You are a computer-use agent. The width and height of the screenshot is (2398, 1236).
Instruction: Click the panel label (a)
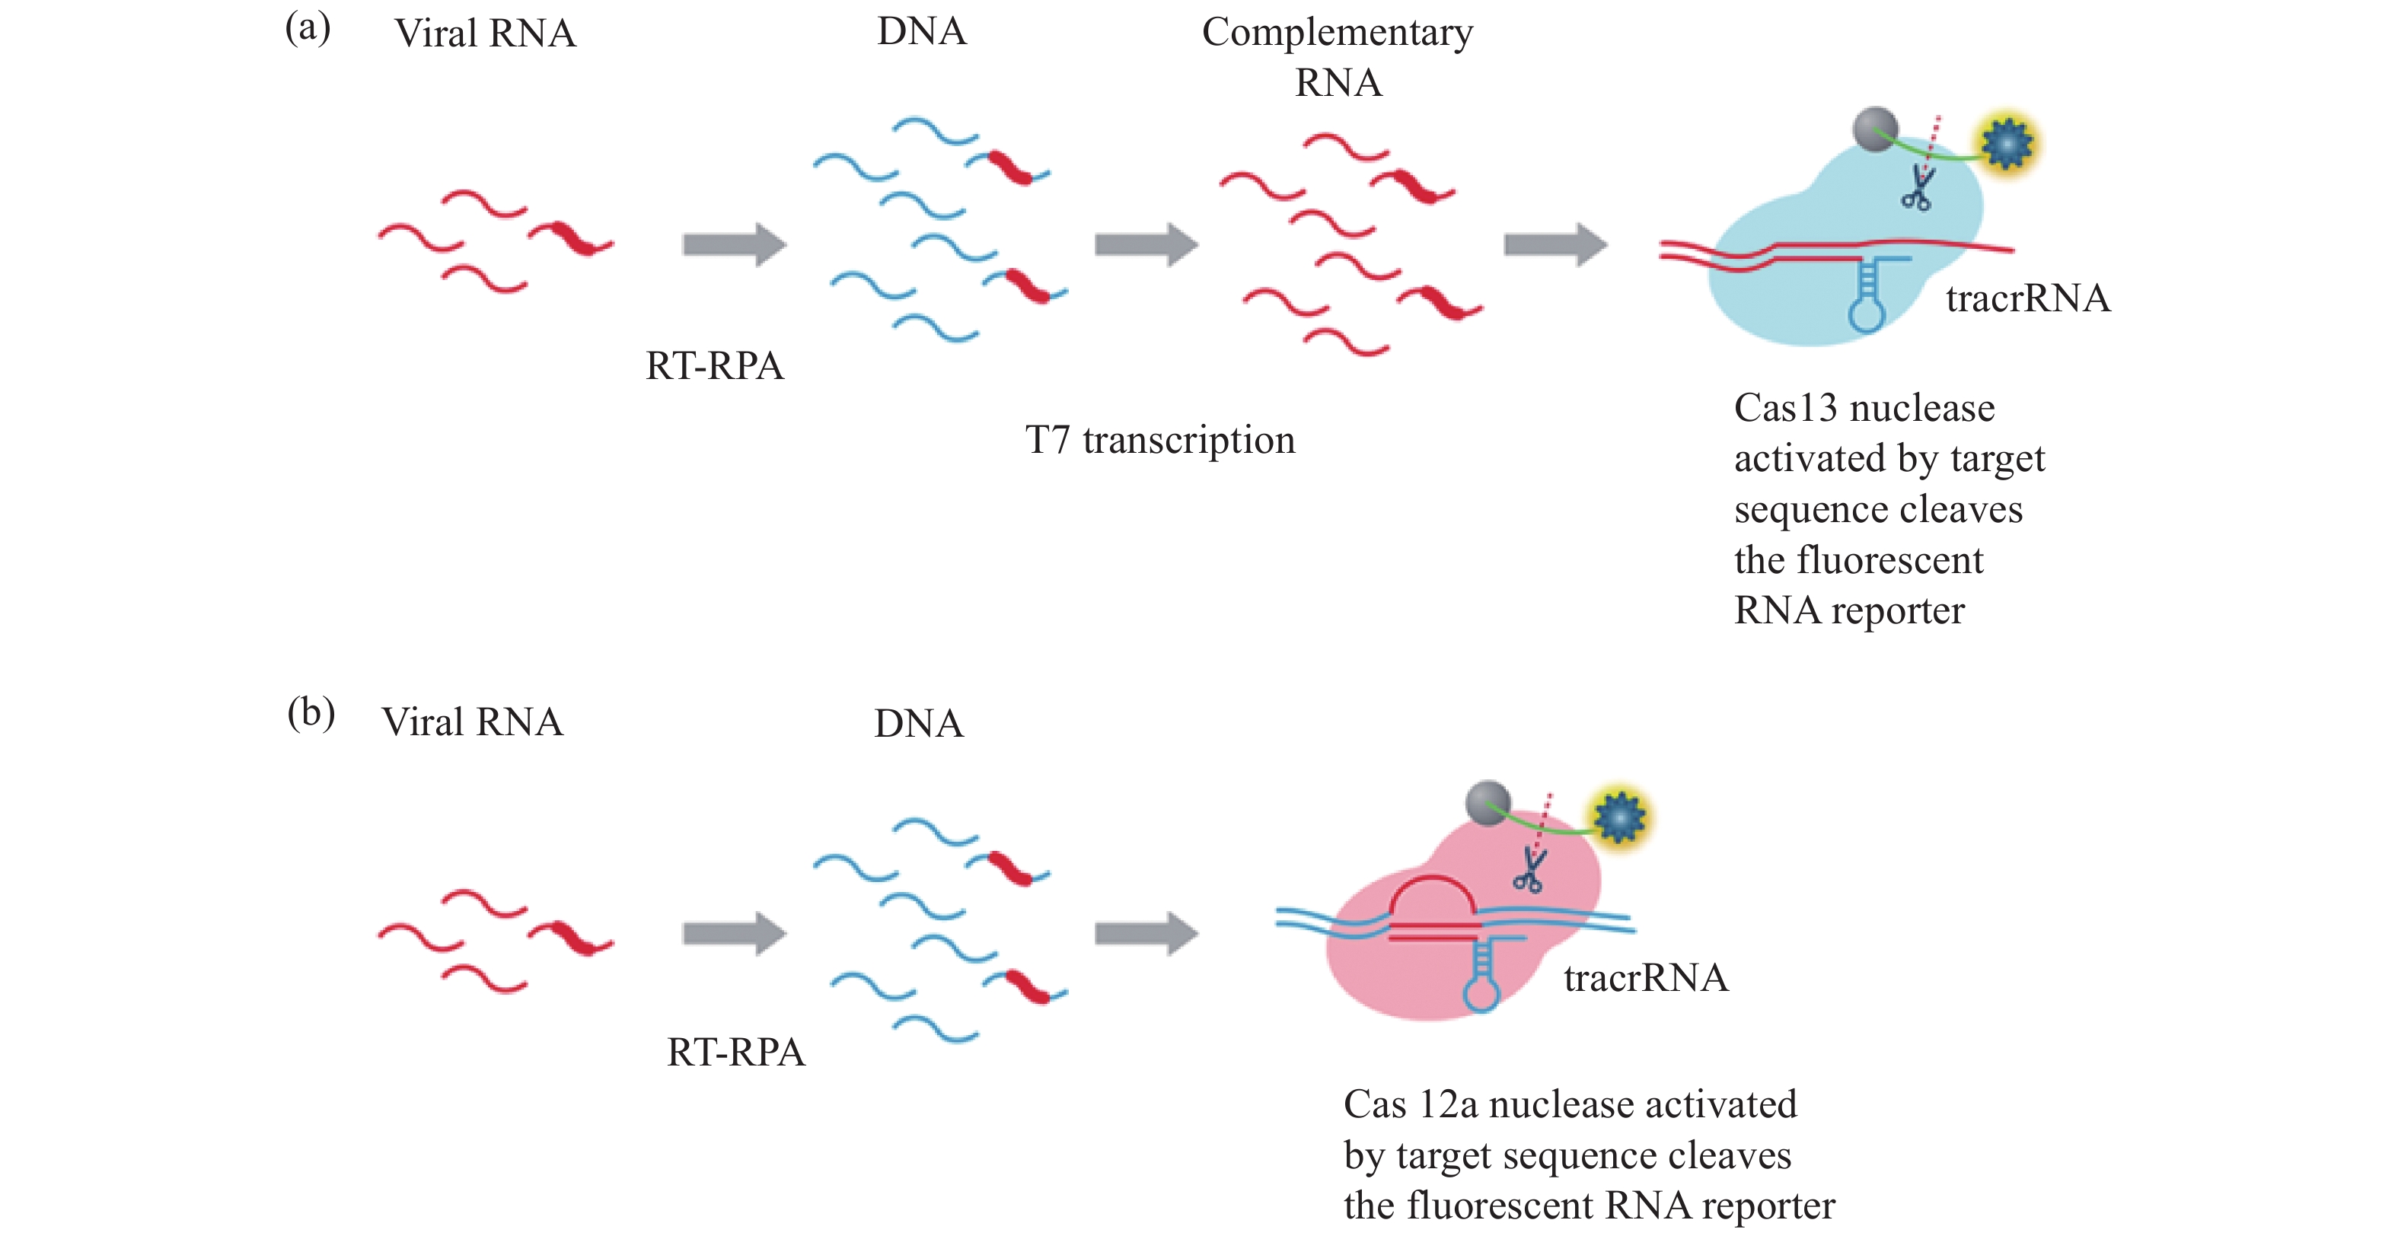pos(308,28)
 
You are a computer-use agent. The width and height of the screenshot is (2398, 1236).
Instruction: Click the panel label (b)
pos(311,714)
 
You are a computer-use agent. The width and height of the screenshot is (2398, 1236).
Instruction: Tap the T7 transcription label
pos(1160,440)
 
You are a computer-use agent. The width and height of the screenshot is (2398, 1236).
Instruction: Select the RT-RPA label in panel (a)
pos(715,366)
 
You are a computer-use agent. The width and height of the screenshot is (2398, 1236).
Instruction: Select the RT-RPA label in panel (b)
pos(735,1053)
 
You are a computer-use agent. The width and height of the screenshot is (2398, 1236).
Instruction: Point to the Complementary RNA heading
pos(1338,56)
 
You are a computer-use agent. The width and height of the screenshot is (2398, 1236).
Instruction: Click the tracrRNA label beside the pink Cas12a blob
pos(1646,978)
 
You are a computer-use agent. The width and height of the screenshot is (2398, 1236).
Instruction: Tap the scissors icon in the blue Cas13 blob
pos(1918,189)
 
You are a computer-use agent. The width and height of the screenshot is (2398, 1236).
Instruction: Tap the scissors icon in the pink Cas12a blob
pos(1529,872)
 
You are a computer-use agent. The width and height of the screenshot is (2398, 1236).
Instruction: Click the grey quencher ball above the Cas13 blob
pos(1875,129)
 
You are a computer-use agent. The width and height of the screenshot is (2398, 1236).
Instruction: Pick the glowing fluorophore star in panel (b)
pos(1620,816)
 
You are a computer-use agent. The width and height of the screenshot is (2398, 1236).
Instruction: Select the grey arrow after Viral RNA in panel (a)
pos(735,245)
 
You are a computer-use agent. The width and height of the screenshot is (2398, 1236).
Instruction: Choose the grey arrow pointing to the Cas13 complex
pos(1555,245)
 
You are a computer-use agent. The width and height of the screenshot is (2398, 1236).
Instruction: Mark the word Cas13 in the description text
pos(1785,409)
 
